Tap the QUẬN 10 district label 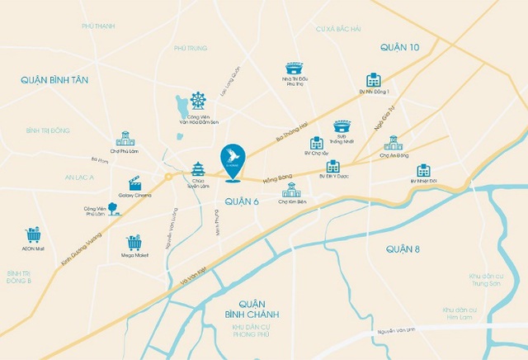point(400,48)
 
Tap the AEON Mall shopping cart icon point(33,234)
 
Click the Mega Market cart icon point(134,242)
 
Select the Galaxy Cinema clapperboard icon point(135,183)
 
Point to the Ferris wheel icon point(197,100)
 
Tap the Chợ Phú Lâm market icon point(125,139)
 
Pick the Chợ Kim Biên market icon point(291,189)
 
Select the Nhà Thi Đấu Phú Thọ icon point(295,68)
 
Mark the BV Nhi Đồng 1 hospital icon point(374,79)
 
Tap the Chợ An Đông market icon point(394,143)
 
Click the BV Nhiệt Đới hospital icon point(423,170)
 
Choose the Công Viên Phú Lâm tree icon point(113,209)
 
